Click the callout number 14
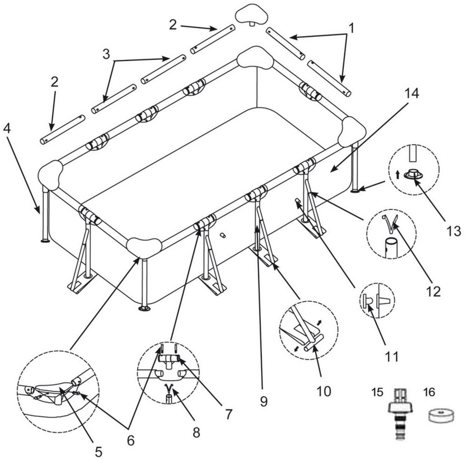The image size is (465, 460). [x=411, y=94]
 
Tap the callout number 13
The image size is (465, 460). [x=454, y=231]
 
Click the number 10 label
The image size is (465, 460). [x=323, y=391]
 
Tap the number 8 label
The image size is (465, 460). [x=196, y=432]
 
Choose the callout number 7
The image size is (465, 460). [x=229, y=414]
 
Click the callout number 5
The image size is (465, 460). [x=98, y=451]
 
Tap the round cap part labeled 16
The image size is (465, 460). [x=441, y=416]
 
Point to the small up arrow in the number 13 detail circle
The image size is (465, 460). [x=397, y=175]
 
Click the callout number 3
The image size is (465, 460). [x=106, y=54]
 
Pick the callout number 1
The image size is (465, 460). [x=351, y=28]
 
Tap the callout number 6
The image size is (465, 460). [x=130, y=441]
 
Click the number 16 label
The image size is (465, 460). [x=429, y=392]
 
